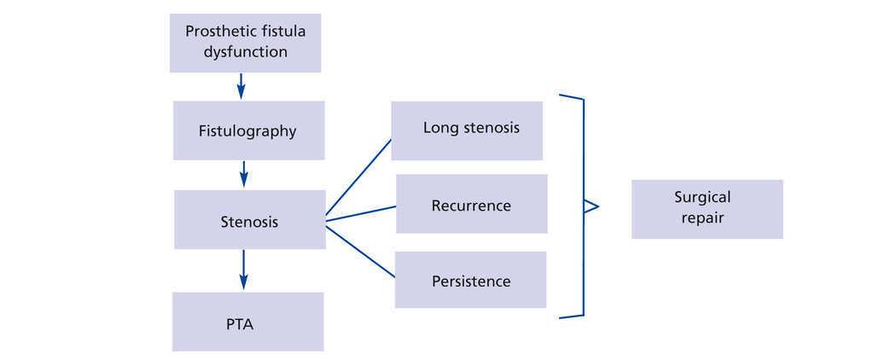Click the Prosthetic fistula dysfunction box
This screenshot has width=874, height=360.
245,43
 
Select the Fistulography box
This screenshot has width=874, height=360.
248,131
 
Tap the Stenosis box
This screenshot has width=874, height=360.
250,219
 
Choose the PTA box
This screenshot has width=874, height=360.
248,322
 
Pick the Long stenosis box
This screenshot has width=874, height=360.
467,131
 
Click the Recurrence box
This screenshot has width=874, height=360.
471,204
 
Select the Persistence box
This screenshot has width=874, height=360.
470,280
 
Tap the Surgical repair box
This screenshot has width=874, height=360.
707,209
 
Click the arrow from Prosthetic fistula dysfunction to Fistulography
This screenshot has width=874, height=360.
241,86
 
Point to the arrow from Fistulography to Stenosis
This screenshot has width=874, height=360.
243,174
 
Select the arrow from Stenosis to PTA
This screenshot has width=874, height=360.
243,270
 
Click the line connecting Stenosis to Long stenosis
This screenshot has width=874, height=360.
358,177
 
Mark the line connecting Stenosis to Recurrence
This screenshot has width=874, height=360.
361,214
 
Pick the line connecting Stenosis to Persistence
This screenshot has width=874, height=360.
360,251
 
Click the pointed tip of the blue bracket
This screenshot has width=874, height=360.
598,207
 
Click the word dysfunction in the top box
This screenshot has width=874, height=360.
245,52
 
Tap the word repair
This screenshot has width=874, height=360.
702,218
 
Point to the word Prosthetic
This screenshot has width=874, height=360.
218,32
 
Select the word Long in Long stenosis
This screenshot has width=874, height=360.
436,128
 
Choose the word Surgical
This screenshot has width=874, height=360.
702,197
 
